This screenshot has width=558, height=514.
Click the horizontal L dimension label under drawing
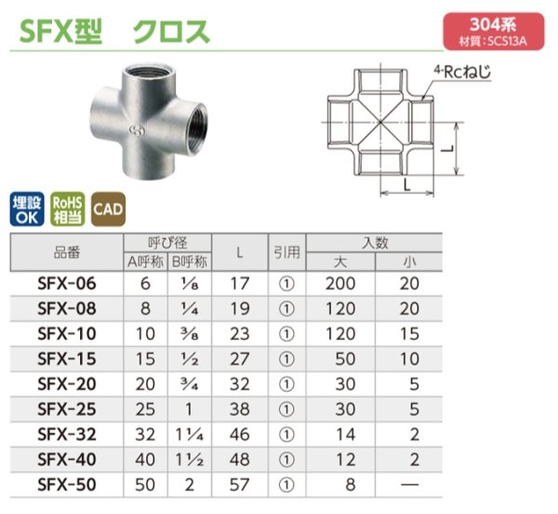point(405,184)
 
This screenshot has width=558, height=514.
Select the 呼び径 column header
point(169,241)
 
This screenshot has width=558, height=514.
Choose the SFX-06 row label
point(65,284)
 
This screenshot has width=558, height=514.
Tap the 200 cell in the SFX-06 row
point(343,284)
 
